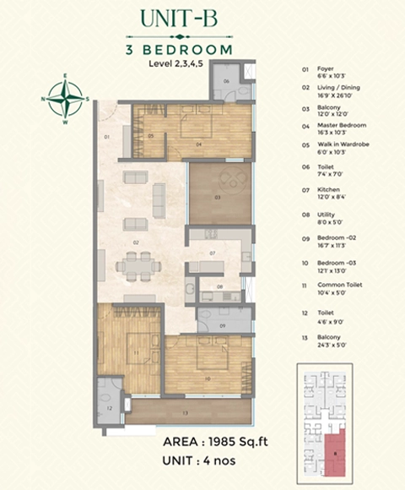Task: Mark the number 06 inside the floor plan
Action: [x=227, y=82]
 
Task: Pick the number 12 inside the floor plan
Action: [x=111, y=408]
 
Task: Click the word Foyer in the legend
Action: [x=325, y=68]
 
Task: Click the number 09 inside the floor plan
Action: [x=224, y=325]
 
